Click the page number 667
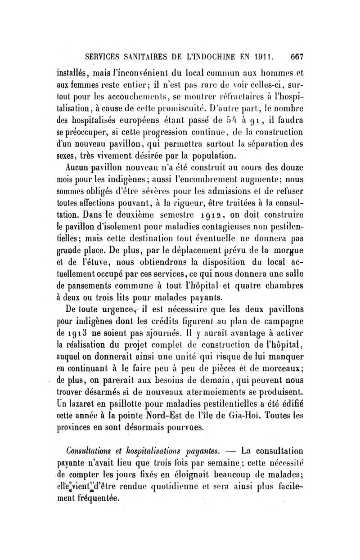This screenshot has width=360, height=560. [x=298, y=57]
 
